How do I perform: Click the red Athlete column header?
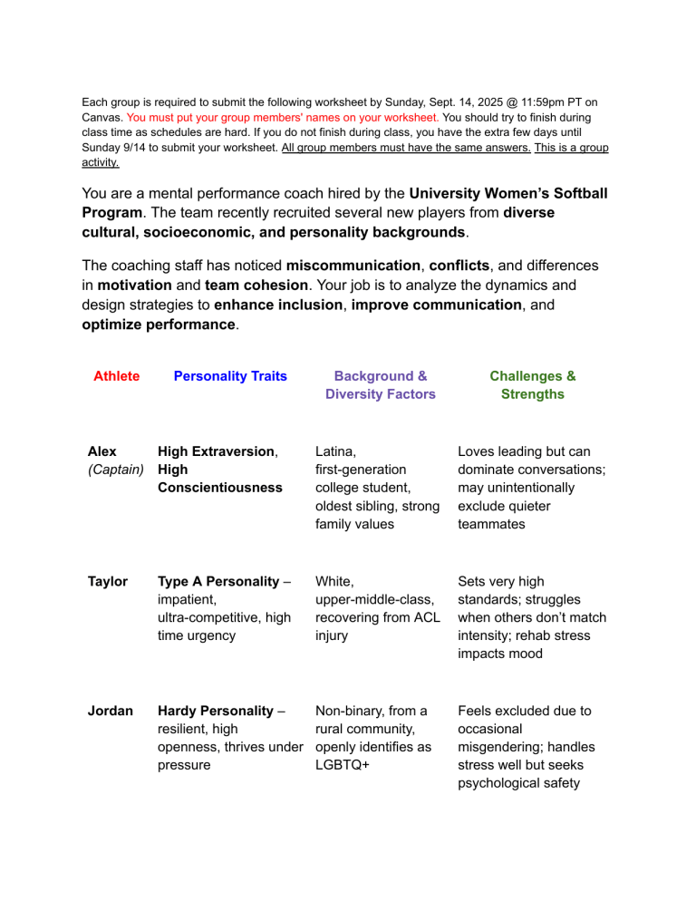pyautogui.click(x=117, y=376)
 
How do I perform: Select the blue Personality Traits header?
pyautogui.click(x=230, y=376)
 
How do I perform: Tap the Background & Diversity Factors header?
pyautogui.click(x=381, y=385)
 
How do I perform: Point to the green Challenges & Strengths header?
pyautogui.click(x=532, y=385)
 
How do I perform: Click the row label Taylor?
pyautogui.click(x=108, y=582)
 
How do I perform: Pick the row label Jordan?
pyautogui.click(x=110, y=712)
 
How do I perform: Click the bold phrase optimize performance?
pyautogui.click(x=158, y=324)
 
